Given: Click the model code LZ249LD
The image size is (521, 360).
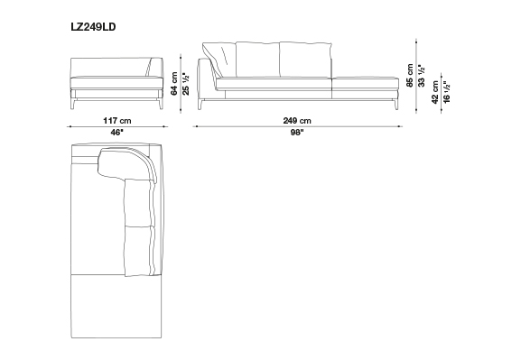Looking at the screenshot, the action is coord(93,27).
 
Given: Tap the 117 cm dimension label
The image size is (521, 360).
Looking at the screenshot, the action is coord(117,120).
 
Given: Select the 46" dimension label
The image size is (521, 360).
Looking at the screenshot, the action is coord(117,133).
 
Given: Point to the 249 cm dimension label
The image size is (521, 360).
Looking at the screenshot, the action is coord(297,120).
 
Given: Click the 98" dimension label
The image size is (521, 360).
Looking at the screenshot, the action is coord(297,133).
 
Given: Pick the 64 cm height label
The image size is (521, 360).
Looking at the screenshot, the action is coord(174,83).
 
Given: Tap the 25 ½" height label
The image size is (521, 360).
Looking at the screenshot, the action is coord(186,84).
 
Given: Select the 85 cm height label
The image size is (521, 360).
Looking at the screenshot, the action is coord(410,76).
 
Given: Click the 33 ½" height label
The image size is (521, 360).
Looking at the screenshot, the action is coord(422,76).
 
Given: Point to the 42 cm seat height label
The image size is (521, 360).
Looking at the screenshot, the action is coord(435,92).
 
